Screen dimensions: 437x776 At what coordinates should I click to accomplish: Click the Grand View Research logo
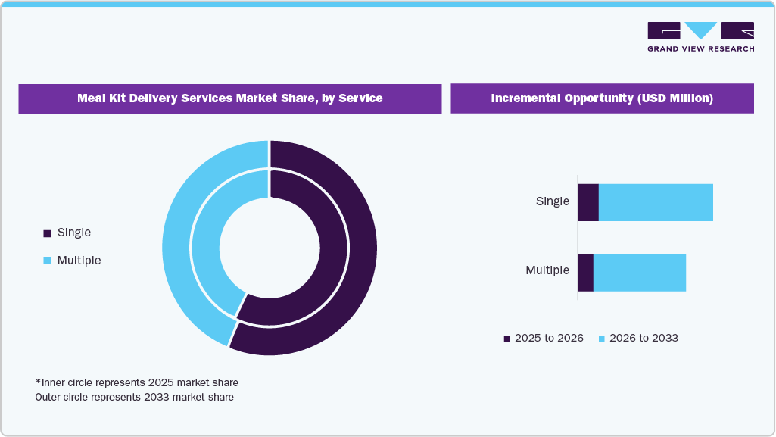pos(700,36)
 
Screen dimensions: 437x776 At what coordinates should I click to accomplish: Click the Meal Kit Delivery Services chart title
pos(229,98)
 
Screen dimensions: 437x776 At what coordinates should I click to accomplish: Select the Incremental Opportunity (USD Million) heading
pos(602,98)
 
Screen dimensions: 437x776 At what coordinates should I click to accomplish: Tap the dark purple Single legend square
pos(47,233)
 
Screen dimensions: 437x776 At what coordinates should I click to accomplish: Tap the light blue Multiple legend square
pos(47,261)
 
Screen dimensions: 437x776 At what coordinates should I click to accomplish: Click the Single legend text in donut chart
pos(73,233)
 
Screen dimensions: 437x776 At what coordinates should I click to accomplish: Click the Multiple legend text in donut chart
pos(79,260)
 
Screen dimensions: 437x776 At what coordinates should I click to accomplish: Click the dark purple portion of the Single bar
pos(587,202)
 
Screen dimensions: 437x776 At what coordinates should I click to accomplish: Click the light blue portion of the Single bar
pos(656,202)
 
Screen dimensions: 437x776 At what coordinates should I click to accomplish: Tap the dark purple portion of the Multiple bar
pos(585,273)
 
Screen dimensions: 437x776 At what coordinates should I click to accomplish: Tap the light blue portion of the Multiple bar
pos(640,273)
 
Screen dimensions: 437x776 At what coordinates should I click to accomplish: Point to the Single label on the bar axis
pos(552,201)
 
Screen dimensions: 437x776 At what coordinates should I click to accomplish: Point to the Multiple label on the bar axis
pos(547,270)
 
